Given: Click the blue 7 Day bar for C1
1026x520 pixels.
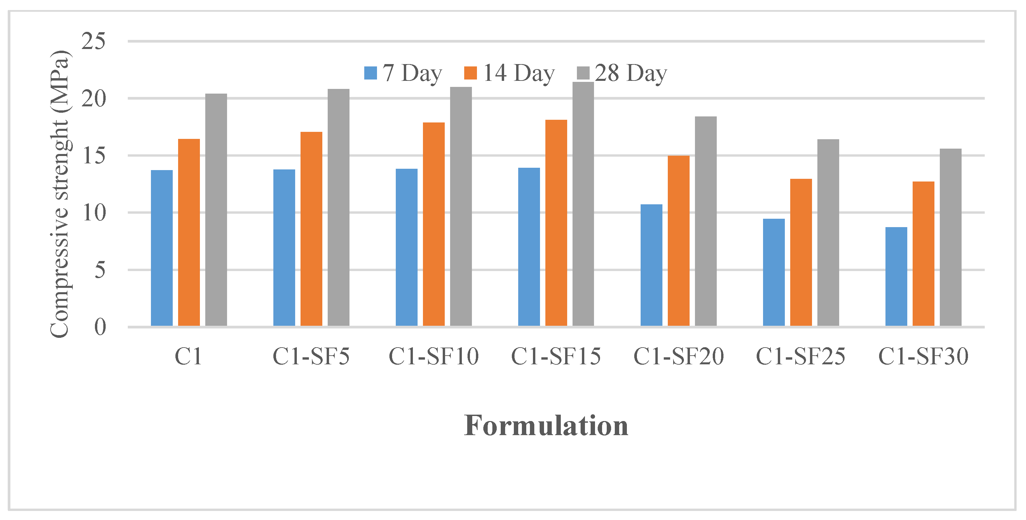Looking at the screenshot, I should click(162, 248).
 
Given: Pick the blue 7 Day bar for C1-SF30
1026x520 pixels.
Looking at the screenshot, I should click(896, 276).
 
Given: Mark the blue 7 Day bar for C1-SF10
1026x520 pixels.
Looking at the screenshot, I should click(407, 247).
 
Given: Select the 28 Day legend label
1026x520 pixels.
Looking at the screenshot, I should click(631, 73).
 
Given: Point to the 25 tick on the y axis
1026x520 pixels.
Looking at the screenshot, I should click(94, 41).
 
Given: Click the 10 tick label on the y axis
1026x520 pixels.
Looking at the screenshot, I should click(94, 213).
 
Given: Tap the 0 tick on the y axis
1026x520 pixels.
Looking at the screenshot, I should click(100, 327).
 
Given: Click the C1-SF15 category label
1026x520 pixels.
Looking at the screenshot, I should click(556, 356).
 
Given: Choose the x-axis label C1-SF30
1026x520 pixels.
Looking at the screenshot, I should click(923, 356).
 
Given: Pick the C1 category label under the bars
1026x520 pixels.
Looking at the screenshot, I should click(188, 356).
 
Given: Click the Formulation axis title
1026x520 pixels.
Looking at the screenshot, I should click(546, 426).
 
